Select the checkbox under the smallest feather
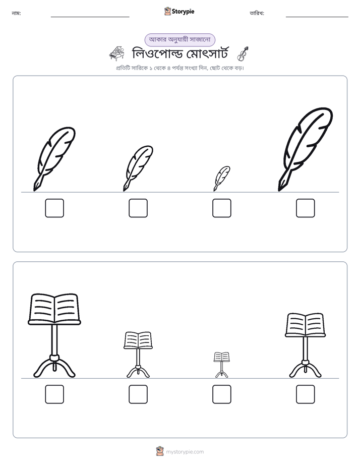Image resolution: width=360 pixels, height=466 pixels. pyautogui.click(x=221, y=208)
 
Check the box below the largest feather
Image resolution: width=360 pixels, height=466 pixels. pyautogui.click(x=306, y=208)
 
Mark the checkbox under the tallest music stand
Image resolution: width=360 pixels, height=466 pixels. pyautogui.click(x=54, y=394)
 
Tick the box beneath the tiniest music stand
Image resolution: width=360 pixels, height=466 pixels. pyautogui.click(x=221, y=394)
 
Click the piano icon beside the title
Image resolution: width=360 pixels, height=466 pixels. pyautogui.click(x=117, y=53)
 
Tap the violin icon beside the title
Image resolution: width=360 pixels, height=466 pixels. pyautogui.click(x=243, y=54)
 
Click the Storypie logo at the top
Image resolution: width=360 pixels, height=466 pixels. pyautogui.click(x=179, y=11)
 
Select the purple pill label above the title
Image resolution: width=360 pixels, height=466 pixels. pyautogui.click(x=179, y=40)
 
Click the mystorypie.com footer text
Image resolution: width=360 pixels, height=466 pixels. pyautogui.click(x=185, y=452)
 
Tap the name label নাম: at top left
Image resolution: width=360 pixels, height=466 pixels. pyautogui.click(x=16, y=13)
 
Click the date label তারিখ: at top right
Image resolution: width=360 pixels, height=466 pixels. pyautogui.click(x=257, y=13)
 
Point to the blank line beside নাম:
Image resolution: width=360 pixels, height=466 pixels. pyautogui.click(x=90, y=17)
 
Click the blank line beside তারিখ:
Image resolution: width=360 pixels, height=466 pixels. pyautogui.click(x=317, y=17)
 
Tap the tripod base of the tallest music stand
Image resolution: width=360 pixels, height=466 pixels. pyautogui.click(x=54, y=367)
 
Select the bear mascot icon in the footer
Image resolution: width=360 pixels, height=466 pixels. pyautogui.click(x=160, y=451)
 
